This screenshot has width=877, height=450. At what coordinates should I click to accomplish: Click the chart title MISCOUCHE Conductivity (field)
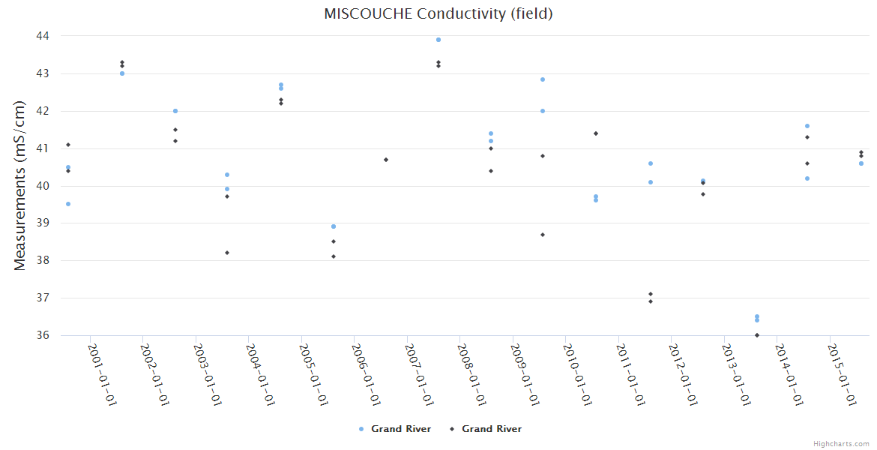(438, 13)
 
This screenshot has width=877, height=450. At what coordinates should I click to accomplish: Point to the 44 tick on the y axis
(42, 36)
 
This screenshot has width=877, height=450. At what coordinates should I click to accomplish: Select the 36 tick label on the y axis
(42, 335)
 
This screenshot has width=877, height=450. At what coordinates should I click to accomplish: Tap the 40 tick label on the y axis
(42, 186)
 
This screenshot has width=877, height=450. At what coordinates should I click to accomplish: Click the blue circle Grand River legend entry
(395, 429)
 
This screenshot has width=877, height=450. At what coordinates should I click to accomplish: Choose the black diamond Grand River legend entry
(486, 429)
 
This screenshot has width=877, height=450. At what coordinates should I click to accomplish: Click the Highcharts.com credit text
(841, 444)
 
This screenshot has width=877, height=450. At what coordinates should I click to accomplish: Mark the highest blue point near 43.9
(438, 40)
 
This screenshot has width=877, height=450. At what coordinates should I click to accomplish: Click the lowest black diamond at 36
(757, 335)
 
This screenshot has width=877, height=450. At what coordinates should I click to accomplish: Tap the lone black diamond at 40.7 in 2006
(386, 160)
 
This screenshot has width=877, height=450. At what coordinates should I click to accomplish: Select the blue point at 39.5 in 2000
(68, 204)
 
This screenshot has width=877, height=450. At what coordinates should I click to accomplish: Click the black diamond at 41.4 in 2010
(596, 133)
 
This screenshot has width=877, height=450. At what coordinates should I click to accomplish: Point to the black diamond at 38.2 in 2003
(227, 253)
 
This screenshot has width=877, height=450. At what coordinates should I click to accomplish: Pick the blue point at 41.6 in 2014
(807, 126)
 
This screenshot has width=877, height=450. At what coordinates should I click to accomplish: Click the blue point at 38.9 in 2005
(334, 226)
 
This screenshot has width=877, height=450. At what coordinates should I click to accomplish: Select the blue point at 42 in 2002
(175, 111)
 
